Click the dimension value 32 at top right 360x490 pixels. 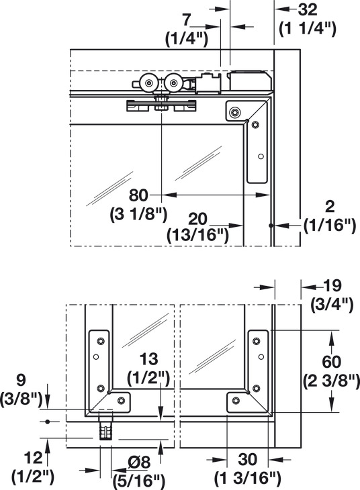pos(308,10)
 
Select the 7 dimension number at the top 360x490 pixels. pos(187,21)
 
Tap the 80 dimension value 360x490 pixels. pos(138,195)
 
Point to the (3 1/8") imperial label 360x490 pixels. pos(138,215)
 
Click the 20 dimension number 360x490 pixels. pos(197,219)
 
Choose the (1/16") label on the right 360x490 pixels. pos(330,225)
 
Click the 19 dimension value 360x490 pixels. pos(332,286)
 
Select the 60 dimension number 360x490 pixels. pos(332,362)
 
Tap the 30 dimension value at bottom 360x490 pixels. pos(247,460)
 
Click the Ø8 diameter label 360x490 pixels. pos(139,462)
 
